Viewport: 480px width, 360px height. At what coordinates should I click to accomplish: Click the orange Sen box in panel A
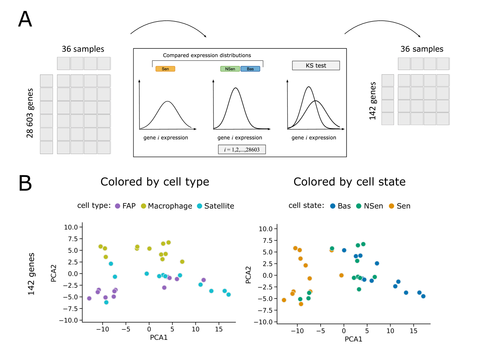pyautogui.click(x=165, y=69)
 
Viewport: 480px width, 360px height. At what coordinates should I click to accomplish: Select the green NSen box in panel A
pyautogui.click(x=230, y=69)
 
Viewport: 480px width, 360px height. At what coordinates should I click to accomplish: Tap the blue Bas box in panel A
pyautogui.click(x=250, y=69)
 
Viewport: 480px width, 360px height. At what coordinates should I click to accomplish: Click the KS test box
pyautogui.click(x=316, y=65)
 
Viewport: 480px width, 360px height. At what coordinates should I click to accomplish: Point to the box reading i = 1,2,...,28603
pyautogui.click(x=242, y=149)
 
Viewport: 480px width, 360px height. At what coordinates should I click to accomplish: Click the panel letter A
pyautogui.click(x=25, y=19)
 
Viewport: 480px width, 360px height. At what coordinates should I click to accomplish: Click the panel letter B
pyautogui.click(x=25, y=183)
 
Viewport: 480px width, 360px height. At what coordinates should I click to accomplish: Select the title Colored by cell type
pyautogui.click(x=155, y=182)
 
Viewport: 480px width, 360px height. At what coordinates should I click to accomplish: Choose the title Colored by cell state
pyautogui.click(x=349, y=182)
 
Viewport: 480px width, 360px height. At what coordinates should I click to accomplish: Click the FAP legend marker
pyautogui.click(x=118, y=206)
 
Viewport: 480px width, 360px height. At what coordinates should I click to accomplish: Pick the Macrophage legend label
pyautogui.click(x=170, y=206)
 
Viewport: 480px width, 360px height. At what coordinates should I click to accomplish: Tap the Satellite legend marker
pyautogui.click(x=200, y=206)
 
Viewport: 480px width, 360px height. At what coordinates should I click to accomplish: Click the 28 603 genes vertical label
pyautogui.click(x=30, y=113)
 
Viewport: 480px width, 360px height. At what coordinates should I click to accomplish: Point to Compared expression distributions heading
pyautogui.click(x=207, y=55)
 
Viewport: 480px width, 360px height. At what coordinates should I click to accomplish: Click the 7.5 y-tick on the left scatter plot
pyautogui.click(x=73, y=239)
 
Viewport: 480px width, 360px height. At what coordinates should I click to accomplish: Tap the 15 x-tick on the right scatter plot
pyautogui.click(x=413, y=331)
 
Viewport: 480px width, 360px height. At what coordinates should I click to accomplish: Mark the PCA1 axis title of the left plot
pyautogui.click(x=158, y=337)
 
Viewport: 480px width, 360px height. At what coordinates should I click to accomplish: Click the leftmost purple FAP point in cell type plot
pyautogui.click(x=89, y=298)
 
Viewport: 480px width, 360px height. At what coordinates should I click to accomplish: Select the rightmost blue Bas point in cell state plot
pyautogui.click(x=423, y=296)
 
